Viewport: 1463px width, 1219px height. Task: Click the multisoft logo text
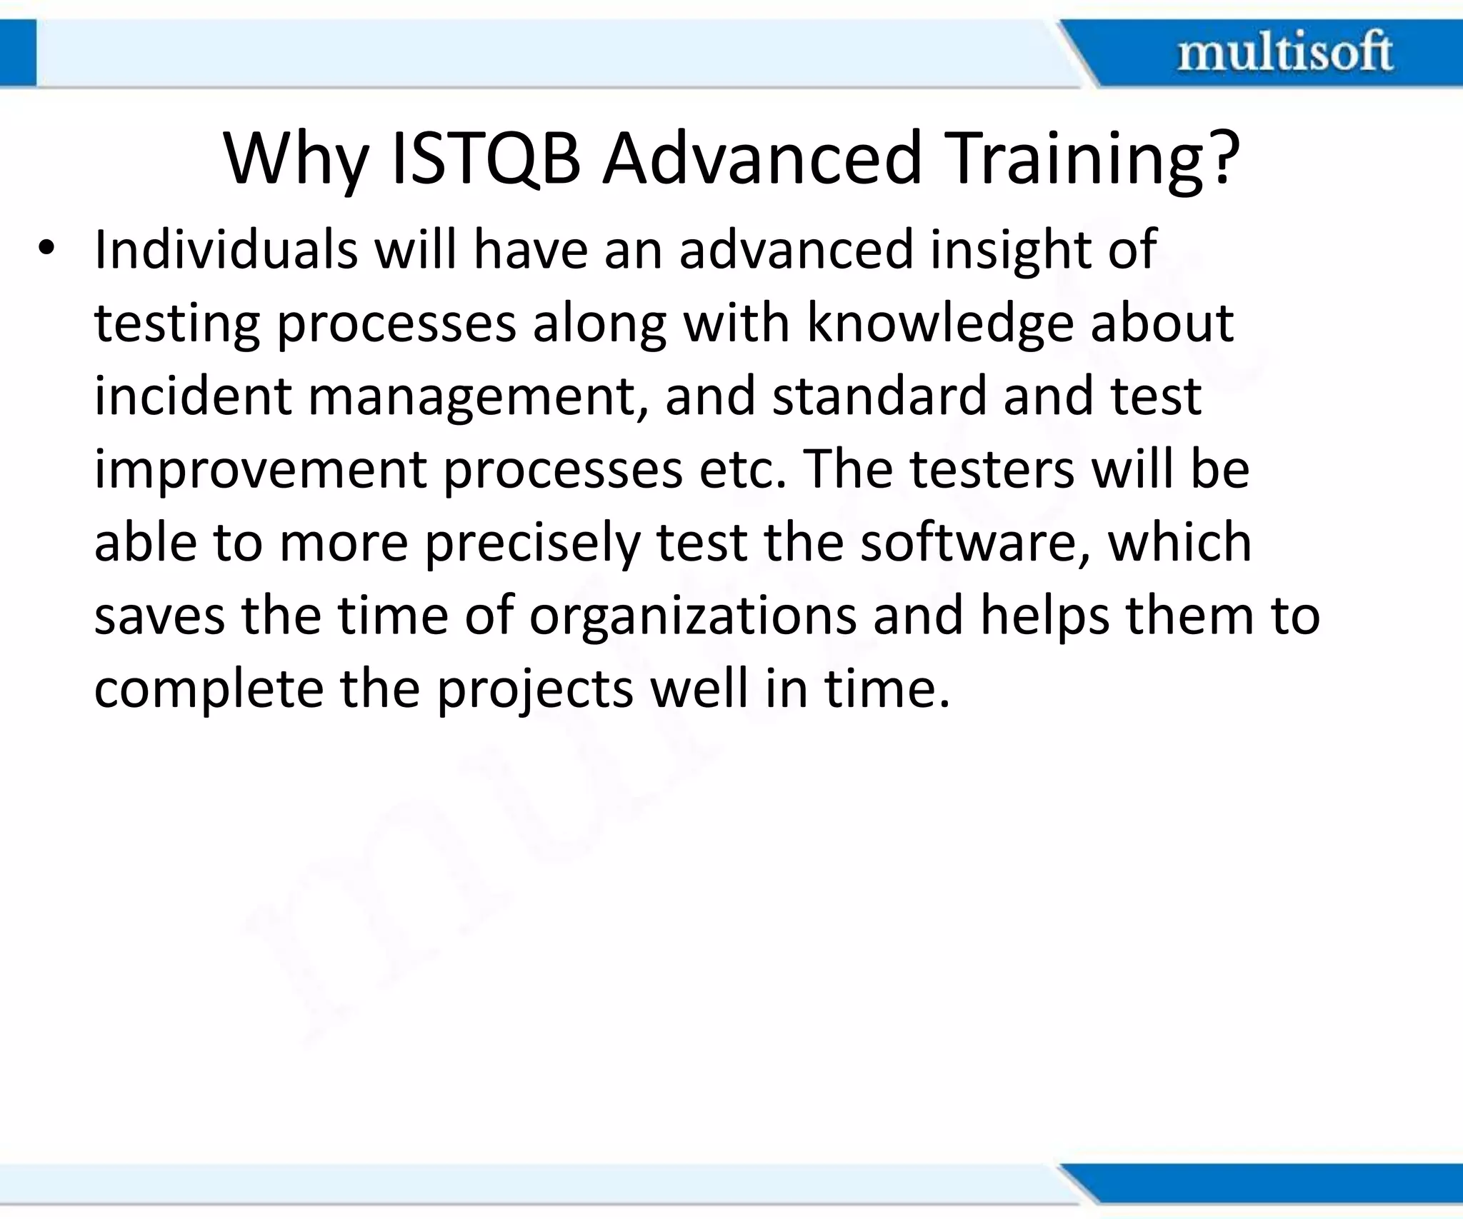pyautogui.click(x=1284, y=51)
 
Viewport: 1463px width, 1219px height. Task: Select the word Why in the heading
pyautogui.click(x=295, y=161)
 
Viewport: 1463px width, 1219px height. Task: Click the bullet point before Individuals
pyautogui.click(x=47, y=250)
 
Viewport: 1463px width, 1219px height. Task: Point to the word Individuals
pyautogui.click(x=226, y=250)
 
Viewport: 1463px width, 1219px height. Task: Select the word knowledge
pyautogui.click(x=940, y=323)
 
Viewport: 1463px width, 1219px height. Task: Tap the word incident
pyautogui.click(x=193, y=396)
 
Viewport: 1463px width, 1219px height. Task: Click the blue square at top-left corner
pyautogui.click(x=18, y=53)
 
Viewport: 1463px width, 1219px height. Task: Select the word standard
pyautogui.click(x=879, y=396)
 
